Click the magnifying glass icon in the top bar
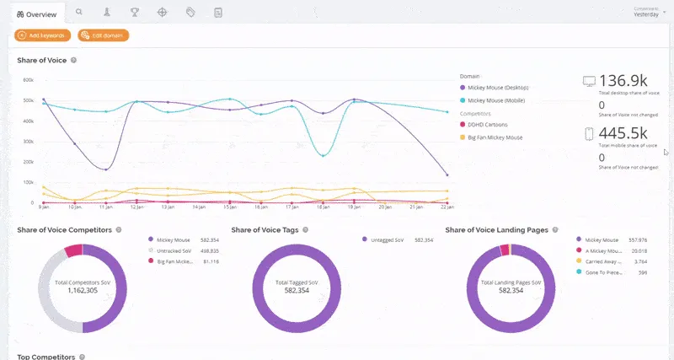(79, 13)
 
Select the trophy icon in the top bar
(135, 13)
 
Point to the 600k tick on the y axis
(28, 80)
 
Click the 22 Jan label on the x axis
(448, 207)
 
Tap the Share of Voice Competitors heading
(64, 229)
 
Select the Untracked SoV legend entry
(175, 250)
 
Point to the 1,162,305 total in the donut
(83, 289)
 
